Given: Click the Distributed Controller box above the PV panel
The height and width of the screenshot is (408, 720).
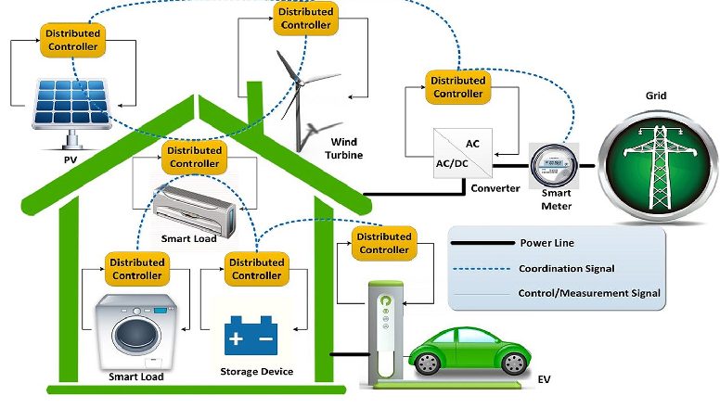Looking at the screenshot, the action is pos(73,41).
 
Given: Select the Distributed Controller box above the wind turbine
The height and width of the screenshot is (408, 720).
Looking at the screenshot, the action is pos(306,19).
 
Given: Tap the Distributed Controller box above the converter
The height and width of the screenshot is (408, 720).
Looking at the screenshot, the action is pos(457,87).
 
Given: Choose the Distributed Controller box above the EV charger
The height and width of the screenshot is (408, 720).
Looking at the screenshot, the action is pos(384,243).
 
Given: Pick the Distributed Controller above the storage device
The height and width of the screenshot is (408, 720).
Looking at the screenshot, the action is pos(257,269).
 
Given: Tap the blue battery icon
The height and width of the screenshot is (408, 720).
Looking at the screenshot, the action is pos(251,336).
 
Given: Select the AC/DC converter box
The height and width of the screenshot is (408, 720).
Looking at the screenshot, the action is pos(463,153).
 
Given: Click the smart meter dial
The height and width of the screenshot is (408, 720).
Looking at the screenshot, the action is pos(553,164).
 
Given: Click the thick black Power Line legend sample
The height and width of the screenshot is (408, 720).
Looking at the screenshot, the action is pos(482,243).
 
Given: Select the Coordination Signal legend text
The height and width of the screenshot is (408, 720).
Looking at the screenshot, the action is pos(567,269).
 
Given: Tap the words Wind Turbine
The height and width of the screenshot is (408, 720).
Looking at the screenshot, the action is pos(343,148).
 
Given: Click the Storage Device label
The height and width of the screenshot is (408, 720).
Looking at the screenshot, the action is pos(257,371).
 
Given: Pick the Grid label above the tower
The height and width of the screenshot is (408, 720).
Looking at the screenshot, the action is pos(656,96).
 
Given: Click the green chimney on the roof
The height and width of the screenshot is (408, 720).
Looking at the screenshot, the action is pos(254,104).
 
